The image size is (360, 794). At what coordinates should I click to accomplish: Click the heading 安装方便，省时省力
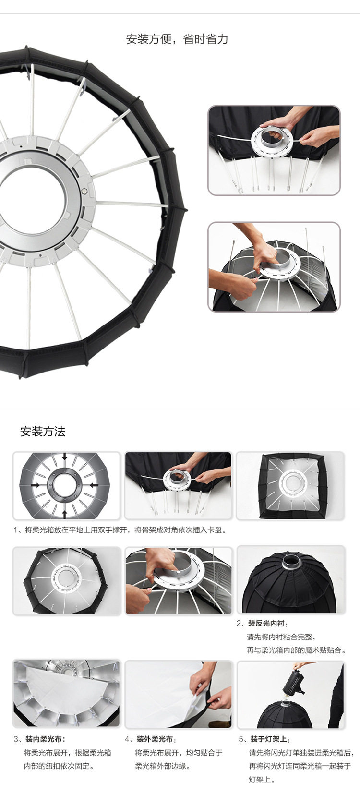(177, 39)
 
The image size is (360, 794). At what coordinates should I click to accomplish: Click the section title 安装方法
(43, 432)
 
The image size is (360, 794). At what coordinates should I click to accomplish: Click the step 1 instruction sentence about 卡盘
(120, 530)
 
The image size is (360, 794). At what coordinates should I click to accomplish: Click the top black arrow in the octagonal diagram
(64, 457)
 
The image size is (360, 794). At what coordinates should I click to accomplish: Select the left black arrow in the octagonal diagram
(36, 485)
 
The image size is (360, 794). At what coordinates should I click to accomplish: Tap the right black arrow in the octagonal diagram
(93, 485)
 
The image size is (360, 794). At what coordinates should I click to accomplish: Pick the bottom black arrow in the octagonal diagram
(64, 514)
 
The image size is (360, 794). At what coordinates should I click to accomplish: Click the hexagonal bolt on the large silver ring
(84, 191)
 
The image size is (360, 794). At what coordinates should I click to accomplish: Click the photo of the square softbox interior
(290, 485)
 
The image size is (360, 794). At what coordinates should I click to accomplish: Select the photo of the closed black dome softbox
(291, 580)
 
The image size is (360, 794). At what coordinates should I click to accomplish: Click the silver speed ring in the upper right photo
(272, 140)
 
